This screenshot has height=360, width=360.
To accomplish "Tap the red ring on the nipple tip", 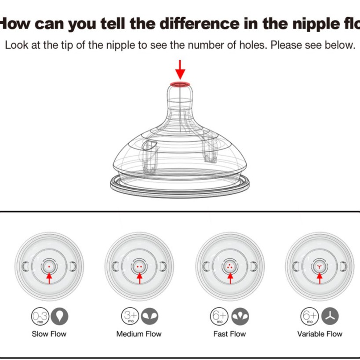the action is click(x=180, y=83).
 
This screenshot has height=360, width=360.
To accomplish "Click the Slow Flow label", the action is click(x=49, y=334).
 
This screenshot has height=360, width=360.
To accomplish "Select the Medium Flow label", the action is click(x=139, y=334).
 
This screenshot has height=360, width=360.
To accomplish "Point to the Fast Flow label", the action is click(x=229, y=334).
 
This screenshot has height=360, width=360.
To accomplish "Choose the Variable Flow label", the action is click(x=320, y=334).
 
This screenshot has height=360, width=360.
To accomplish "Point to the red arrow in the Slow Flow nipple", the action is click(x=49, y=278).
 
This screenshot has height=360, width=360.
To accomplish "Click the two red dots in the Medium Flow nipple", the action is click(x=139, y=266).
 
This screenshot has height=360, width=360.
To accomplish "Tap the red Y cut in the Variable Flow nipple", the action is click(x=320, y=266).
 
